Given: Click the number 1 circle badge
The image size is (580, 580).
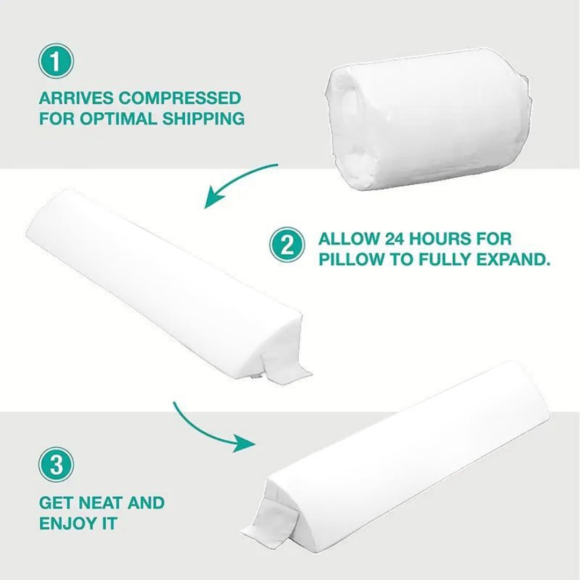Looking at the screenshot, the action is (56, 61).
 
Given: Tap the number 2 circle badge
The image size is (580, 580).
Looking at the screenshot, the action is (287, 245).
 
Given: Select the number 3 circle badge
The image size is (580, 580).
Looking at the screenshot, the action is (56, 465).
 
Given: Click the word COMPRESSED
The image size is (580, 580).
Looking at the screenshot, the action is (180, 98).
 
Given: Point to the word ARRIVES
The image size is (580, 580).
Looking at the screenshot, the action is (76, 98).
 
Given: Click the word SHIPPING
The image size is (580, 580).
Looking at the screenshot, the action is (204, 119).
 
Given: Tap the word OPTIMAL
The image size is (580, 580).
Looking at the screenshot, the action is (118, 119).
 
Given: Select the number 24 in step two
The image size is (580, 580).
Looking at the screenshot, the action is (394, 239).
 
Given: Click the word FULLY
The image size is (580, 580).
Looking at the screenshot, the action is (445, 260).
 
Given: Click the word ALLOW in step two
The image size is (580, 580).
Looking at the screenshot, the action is (349, 239).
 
